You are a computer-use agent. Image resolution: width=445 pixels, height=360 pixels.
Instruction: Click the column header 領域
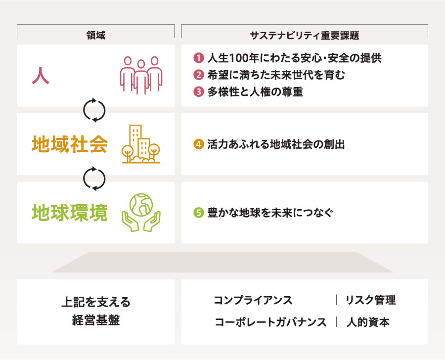click(95, 35)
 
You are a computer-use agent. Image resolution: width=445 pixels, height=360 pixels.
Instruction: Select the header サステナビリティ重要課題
click(305, 36)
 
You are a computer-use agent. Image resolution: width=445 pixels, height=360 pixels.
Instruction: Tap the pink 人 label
click(41, 76)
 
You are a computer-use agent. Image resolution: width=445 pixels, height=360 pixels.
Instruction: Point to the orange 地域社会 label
click(70, 144)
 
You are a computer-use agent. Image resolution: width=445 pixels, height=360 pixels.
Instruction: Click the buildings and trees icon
click(141, 144)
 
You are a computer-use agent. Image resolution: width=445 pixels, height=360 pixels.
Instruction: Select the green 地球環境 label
click(70, 212)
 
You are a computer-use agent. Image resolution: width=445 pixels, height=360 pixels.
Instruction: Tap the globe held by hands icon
click(141, 212)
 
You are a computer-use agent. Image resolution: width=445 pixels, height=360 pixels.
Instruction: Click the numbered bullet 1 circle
click(199, 58)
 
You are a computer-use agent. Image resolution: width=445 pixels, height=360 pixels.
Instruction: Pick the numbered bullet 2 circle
click(199, 75)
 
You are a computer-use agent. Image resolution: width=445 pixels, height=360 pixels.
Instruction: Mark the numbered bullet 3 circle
click(199, 92)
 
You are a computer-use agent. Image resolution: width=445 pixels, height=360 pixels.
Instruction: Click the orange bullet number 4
click(199, 144)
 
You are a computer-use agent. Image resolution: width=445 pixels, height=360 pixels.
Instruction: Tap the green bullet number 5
click(199, 212)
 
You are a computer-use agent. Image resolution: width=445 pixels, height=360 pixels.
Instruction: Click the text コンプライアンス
click(253, 300)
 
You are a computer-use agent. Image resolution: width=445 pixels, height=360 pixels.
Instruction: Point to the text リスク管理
click(370, 300)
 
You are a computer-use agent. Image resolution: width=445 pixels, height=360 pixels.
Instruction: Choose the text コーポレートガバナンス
click(270, 322)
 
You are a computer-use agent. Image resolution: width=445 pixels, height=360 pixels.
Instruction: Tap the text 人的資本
click(368, 322)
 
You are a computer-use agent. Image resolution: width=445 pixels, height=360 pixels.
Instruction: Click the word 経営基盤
click(96, 320)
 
